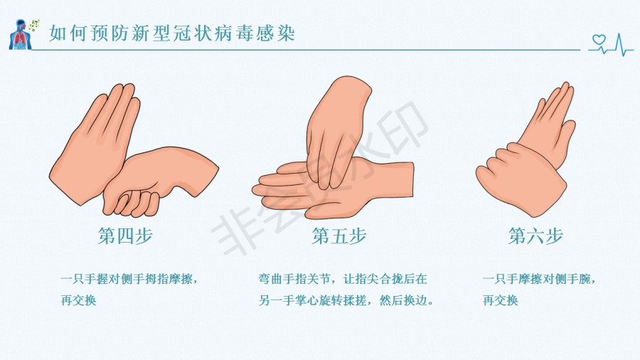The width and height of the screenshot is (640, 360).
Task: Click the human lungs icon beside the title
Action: tap(20, 35)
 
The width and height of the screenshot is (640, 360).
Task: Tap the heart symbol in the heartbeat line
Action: tap(599, 40)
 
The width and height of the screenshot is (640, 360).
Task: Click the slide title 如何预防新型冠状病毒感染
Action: tap(172, 33)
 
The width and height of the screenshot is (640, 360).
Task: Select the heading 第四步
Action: tap(125, 236)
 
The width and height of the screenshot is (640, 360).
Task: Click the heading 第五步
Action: tap(339, 236)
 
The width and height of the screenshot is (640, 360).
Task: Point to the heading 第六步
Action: tap(535, 236)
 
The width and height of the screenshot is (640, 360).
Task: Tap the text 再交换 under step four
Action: tap(78, 300)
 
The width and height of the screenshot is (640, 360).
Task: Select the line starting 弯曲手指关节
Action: tap(343, 280)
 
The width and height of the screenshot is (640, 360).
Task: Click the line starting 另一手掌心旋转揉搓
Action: tap(346, 300)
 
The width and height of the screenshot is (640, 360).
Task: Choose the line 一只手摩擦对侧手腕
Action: tap(539, 280)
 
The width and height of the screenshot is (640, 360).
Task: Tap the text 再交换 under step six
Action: tap(500, 300)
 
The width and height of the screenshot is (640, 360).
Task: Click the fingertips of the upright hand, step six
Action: tap(565, 87)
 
